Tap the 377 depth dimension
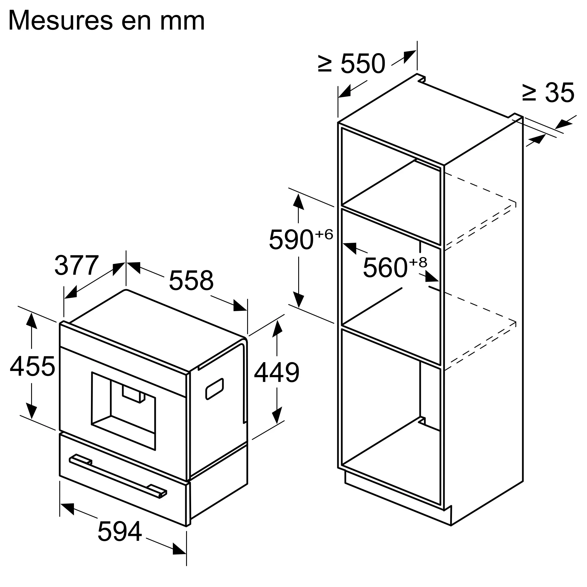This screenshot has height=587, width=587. (77, 265)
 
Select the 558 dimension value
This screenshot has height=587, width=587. (191, 280)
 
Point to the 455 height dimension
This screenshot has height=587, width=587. (32, 366)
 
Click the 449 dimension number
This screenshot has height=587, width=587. (276, 372)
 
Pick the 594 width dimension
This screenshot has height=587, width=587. (120, 532)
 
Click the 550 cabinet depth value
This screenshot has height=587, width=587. (363, 64)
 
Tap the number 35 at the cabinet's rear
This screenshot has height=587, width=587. (559, 92)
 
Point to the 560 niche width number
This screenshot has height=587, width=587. (385, 267)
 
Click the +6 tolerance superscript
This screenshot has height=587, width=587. (324, 234)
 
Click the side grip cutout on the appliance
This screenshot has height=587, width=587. (215, 389)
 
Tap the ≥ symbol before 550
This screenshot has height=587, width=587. (325, 64)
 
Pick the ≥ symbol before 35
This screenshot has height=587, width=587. (529, 92)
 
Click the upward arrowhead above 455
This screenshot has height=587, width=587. (32, 321)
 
